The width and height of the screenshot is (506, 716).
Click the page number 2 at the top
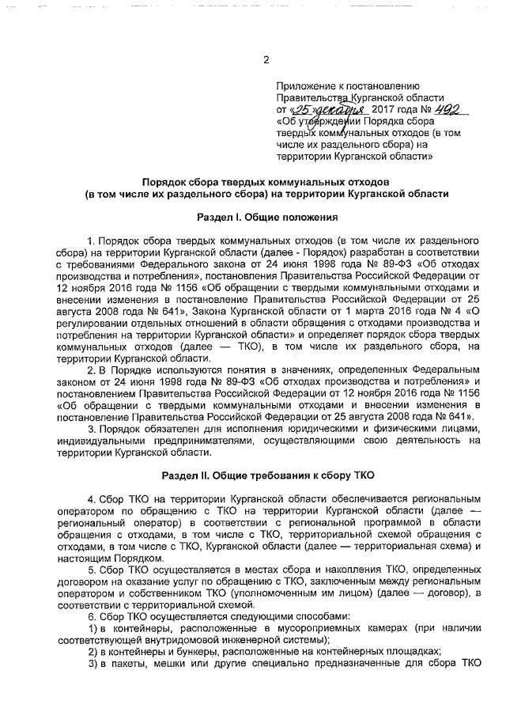[x=266, y=60]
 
